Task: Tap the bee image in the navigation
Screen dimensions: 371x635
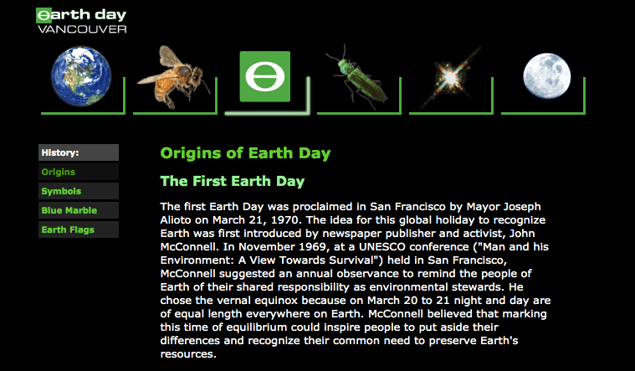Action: point(175,79)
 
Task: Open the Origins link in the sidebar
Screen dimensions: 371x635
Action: point(58,172)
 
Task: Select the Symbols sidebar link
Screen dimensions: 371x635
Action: point(61,191)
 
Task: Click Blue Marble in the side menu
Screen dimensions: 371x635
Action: point(69,210)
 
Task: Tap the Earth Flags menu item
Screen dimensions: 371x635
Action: point(68,229)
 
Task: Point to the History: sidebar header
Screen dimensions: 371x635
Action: point(60,152)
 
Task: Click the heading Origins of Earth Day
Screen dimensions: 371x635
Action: point(245,153)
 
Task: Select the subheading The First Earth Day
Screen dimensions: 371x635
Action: point(232,181)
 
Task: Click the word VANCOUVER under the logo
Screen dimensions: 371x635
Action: point(82,29)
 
